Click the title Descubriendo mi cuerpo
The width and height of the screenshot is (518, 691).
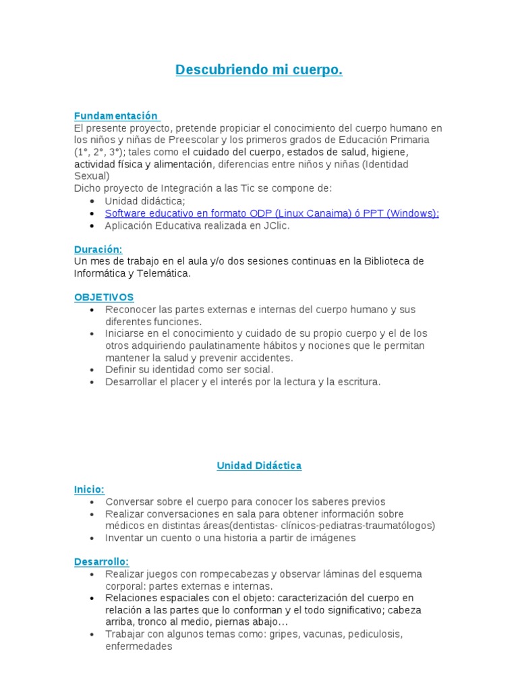259,70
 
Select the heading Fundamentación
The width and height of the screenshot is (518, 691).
115,116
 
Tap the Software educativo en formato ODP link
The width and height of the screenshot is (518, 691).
272,213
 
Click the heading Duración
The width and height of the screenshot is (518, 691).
98,249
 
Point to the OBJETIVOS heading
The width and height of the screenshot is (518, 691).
104,297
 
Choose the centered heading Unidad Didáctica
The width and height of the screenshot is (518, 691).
259,466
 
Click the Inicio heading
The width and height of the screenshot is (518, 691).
89,489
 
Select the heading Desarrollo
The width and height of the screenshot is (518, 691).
101,561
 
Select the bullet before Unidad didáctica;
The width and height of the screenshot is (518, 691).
92,201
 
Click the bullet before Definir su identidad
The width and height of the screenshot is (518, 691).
92,370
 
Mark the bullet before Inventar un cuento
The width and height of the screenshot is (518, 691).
92,538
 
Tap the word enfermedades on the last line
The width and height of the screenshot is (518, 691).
139,646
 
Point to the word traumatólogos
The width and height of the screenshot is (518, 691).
399,526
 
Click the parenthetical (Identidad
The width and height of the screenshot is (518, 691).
385,165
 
